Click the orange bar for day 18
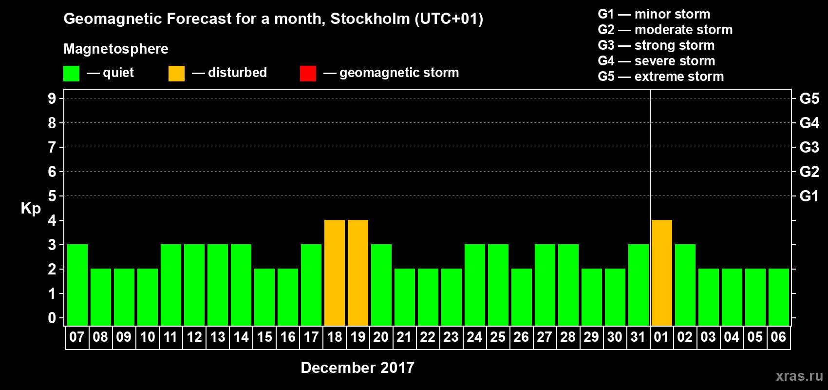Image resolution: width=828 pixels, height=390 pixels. tap(335, 273)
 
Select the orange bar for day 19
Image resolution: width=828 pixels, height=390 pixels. tap(358, 273)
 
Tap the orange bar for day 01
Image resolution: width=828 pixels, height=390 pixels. tap(662, 273)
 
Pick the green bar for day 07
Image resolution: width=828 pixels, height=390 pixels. tap(77, 285)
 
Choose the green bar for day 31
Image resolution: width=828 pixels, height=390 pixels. tap(639, 285)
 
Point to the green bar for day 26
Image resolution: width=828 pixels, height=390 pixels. tap(522, 297)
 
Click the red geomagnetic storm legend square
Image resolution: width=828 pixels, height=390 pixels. tap(308, 74)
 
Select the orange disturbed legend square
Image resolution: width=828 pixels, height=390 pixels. tap(176, 74)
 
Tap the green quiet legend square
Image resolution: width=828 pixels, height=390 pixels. tap(71, 74)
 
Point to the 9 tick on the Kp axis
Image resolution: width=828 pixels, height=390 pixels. tap(52, 98)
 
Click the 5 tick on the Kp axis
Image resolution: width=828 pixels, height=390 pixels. tap(52, 196)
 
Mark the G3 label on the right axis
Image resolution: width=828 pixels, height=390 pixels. tap(809, 147)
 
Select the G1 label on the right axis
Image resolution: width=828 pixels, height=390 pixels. tap(809, 196)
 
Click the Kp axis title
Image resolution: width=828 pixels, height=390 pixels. tap(31, 208)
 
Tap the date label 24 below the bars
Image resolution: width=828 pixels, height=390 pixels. tap(474, 337)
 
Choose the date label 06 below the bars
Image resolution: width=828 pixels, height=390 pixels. tap(778, 337)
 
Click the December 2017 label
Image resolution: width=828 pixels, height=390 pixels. tap(358, 368)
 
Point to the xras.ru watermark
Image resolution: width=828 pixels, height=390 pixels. tap(799, 375)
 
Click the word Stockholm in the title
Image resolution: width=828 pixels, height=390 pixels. tap(370, 19)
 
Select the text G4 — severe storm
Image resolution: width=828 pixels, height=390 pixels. tap(657, 61)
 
